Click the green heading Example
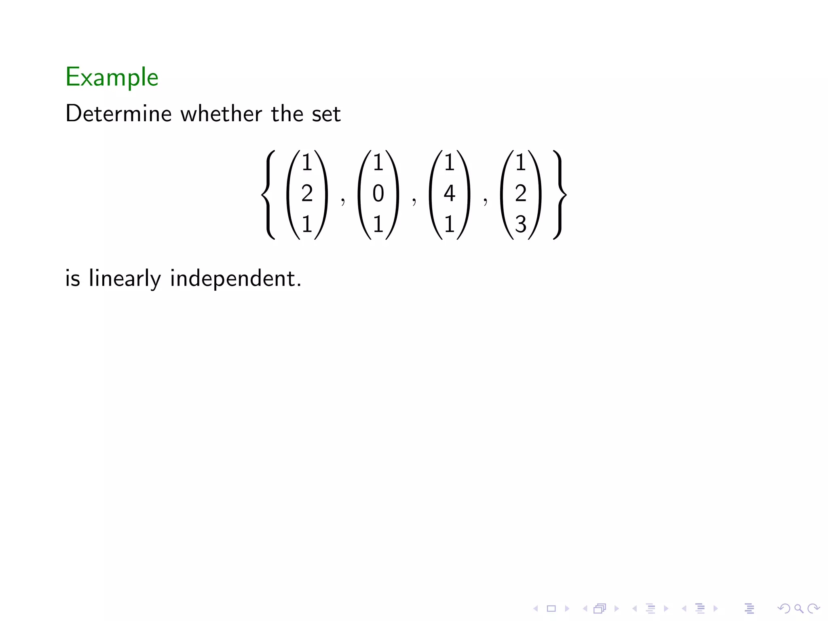click(112, 77)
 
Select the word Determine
click(118, 113)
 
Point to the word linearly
click(125, 279)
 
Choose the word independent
click(235, 279)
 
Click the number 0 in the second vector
click(378, 193)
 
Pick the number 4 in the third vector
click(449, 193)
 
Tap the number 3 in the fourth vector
click(521, 224)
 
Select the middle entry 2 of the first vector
click(307, 193)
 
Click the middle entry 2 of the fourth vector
click(521, 193)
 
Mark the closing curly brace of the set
click(560, 194)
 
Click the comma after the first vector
click(343, 201)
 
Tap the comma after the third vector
click(485, 201)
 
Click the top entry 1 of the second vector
click(378, 163)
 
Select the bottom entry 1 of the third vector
click(449, 224)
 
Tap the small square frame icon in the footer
click(551, 608)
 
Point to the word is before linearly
click(72, 279)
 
